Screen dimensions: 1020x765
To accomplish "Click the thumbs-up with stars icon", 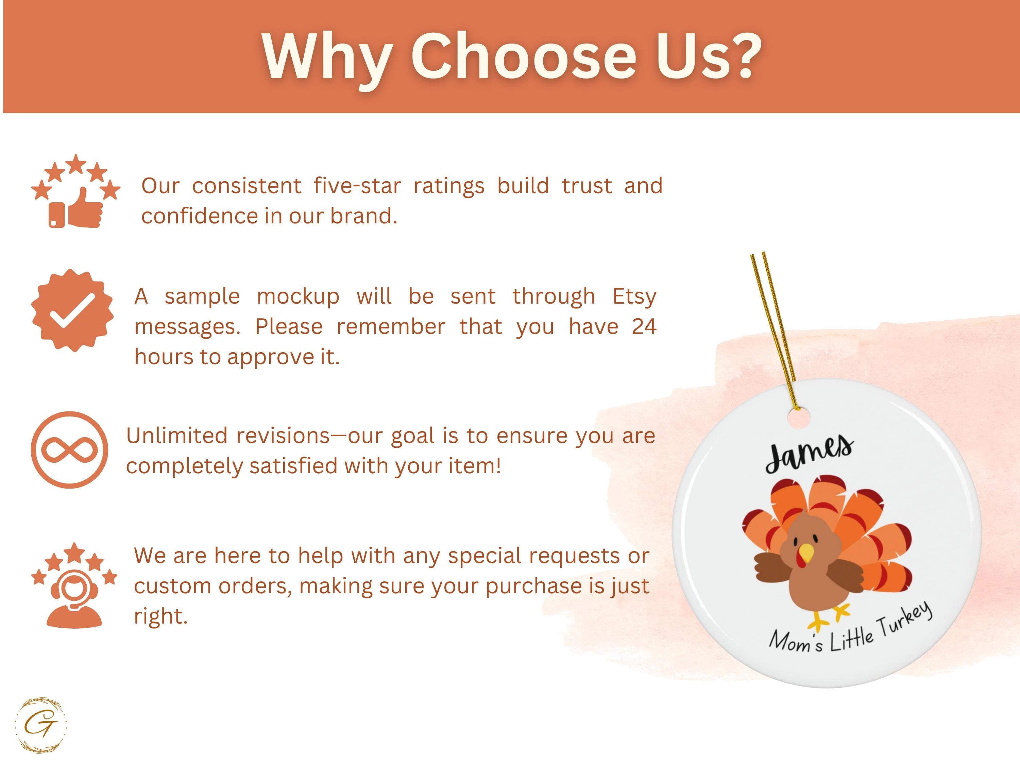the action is coord(75,191).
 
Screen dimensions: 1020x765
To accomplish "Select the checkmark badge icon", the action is coord(72,310).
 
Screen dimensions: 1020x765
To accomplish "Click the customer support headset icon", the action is coord(74,585).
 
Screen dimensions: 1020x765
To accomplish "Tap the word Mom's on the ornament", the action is coord(796,642).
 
